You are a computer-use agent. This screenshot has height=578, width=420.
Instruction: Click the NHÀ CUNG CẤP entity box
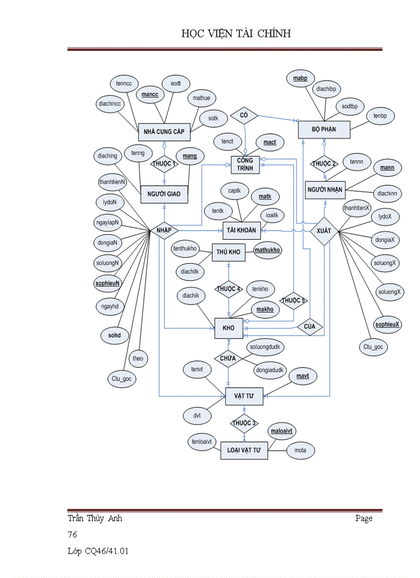click(164, 131)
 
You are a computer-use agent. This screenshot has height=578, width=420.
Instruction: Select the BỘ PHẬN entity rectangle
click(324, 129)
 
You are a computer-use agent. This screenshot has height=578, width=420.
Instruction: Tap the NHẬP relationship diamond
click(164, 230)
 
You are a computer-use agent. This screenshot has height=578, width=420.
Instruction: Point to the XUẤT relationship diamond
click(324, 231)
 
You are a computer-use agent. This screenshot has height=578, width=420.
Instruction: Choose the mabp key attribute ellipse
click(300, 78)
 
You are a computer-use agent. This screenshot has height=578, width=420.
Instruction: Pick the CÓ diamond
click(244, 115)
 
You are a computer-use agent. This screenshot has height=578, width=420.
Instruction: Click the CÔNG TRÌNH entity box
click(245, 165)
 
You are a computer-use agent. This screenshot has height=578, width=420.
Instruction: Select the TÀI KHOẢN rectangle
click(241, 230)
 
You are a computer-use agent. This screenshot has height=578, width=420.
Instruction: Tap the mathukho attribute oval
click(268, 250)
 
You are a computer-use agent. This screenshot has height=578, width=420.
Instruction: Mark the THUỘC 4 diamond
click(229, 289)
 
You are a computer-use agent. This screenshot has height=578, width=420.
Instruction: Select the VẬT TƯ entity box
click(244, 395)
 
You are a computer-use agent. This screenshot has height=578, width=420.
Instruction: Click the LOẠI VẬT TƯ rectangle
click(244, 450)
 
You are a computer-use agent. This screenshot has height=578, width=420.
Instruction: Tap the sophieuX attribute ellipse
click(388, 324)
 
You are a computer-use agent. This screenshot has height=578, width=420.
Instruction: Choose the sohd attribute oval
click(114, 335)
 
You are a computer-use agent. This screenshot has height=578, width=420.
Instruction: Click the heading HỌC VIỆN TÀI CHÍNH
click(236, 34)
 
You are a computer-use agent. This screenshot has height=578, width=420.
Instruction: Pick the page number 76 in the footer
click(72, 535)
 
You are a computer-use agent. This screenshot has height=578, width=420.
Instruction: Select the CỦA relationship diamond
click(310, 327)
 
